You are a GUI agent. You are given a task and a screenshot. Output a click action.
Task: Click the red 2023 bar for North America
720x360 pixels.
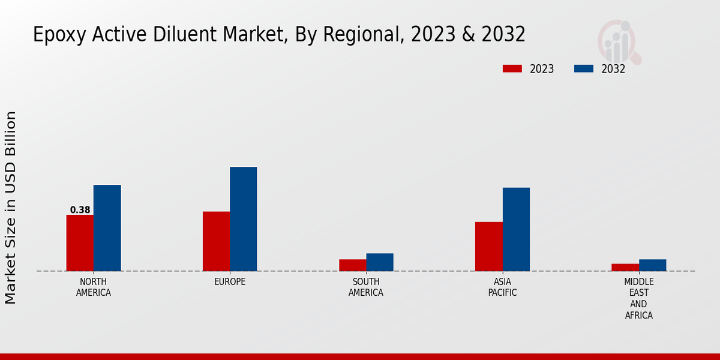(80, 243)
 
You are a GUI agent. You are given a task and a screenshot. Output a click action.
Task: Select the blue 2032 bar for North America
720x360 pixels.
(107, 228)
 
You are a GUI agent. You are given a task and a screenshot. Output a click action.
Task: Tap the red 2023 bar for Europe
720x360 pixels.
(216, 241)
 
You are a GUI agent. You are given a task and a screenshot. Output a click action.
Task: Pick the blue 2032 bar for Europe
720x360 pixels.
(243, 219)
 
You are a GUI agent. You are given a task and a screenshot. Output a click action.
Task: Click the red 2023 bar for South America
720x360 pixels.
(352, 265)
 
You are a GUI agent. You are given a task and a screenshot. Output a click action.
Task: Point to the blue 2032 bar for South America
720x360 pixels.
(380, 262)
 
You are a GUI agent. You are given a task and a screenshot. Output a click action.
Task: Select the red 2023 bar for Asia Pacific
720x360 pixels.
(488, 247)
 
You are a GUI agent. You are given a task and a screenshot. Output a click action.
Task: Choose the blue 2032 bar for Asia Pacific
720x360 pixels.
(516, 229)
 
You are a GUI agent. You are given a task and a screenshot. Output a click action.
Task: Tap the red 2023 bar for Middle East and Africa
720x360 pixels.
(625, 268)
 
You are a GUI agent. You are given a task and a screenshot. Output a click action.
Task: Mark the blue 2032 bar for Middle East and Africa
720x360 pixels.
(652, 265)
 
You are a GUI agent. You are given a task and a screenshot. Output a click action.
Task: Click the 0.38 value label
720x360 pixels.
(80, 210)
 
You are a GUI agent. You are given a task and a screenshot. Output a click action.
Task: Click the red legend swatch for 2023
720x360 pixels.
(512, 69)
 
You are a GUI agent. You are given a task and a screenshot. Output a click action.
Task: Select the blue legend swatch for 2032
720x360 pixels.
(584, 69)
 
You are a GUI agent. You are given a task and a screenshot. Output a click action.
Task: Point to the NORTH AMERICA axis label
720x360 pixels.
(94, 287)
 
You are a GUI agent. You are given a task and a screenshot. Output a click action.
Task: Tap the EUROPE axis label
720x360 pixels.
(230, 282)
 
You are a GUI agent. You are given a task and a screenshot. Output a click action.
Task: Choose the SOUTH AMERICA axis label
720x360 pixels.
(366, 287)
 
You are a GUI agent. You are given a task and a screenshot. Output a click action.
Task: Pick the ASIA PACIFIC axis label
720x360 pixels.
(502, 287)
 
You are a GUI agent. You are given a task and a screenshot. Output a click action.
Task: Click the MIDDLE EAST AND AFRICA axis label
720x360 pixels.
(639, 298)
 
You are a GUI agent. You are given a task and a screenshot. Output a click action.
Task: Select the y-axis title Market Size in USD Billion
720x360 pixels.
(11, 207)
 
